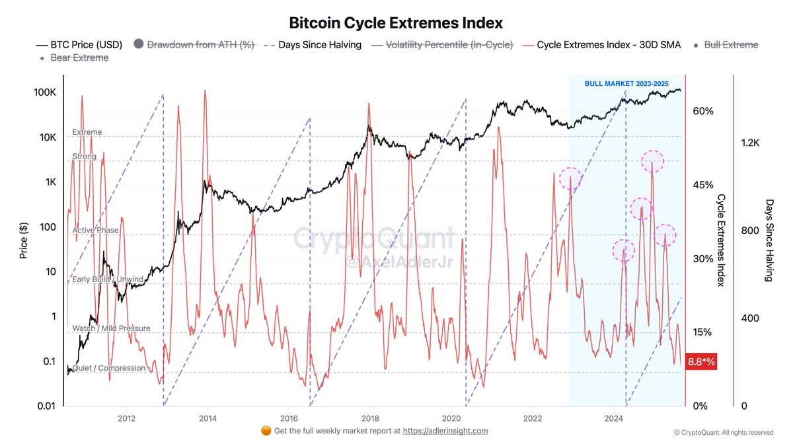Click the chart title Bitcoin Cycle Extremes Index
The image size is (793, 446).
pyautogui.click(x=396, y=22)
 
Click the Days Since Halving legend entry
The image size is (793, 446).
pyautogui.click(x=313, y=45)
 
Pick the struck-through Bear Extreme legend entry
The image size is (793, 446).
pyautogui.click(x=82, y=58)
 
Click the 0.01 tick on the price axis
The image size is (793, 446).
pyautogui.click(x=44, y=406)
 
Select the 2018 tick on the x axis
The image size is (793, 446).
pyautogui.click(x=370, y=418)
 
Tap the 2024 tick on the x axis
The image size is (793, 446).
pyautogui.click(x=614, y=418)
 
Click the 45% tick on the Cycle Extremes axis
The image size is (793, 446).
pyautogui.click(x=702, y=185)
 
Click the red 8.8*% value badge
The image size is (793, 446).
pyautogui.click(x=702, y=362)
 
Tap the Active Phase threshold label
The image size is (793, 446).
pyautogui.click(x=96, y=231)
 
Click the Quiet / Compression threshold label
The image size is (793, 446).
pyautogui.click(x=108, y=368)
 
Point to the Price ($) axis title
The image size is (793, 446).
pyautogui.click(x=24, y=240)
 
